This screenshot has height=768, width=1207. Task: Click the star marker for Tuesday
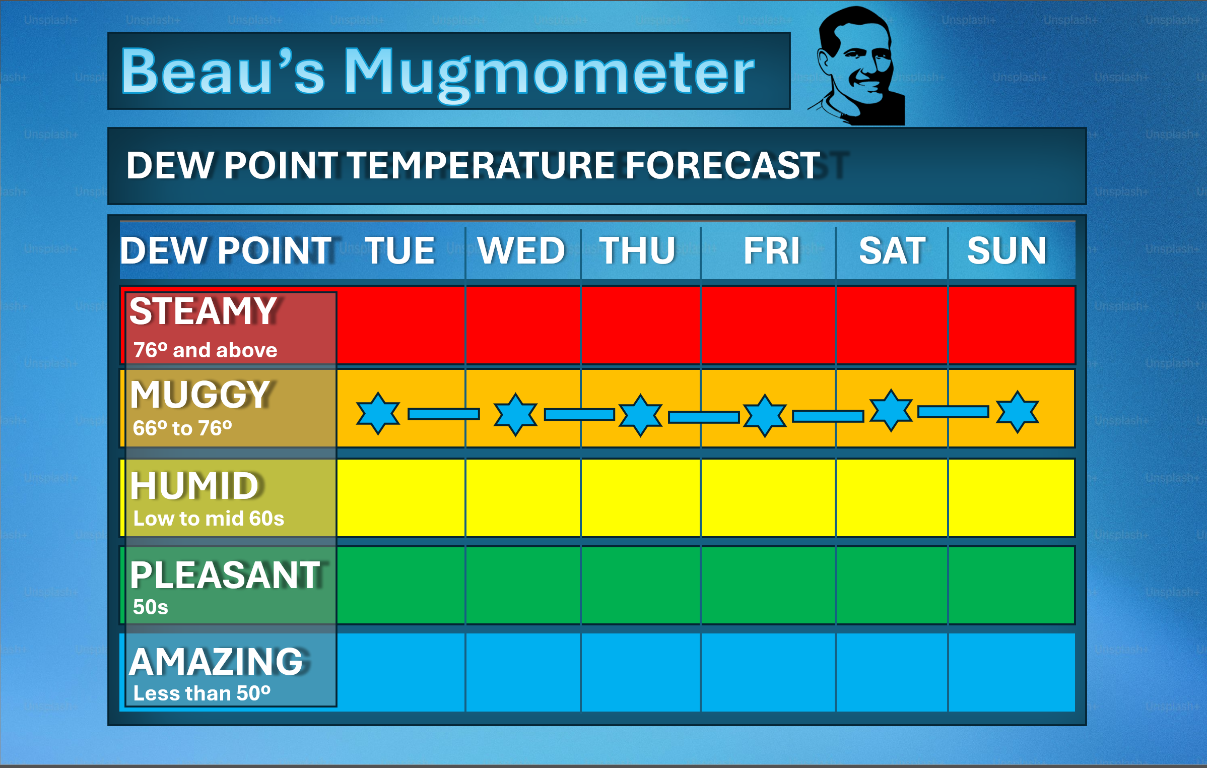[x=378, y=413]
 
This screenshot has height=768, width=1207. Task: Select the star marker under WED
[x=515, y=414]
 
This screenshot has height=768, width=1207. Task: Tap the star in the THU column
[x=640, y=415]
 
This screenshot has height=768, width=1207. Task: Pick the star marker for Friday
[x=765, y=415]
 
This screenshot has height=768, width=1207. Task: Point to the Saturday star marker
[x=891, y=410]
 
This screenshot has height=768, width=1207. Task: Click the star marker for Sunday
[x=1018, y=412]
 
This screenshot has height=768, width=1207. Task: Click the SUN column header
[x=1007, y=250]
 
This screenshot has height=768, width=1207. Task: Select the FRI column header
[x=772, y=250]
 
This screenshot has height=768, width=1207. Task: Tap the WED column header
[x=522, y=250]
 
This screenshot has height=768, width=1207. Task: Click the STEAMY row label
[x=203, y=311]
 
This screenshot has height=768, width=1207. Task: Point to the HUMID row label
[x=195, y=486]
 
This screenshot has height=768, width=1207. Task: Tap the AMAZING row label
[x=217, y=662]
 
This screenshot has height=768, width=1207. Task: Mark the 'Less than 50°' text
[x=202, y=693]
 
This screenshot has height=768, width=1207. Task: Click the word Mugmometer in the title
[x=549, y=73]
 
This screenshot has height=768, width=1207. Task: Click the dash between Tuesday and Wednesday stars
[x=444, y=414]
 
